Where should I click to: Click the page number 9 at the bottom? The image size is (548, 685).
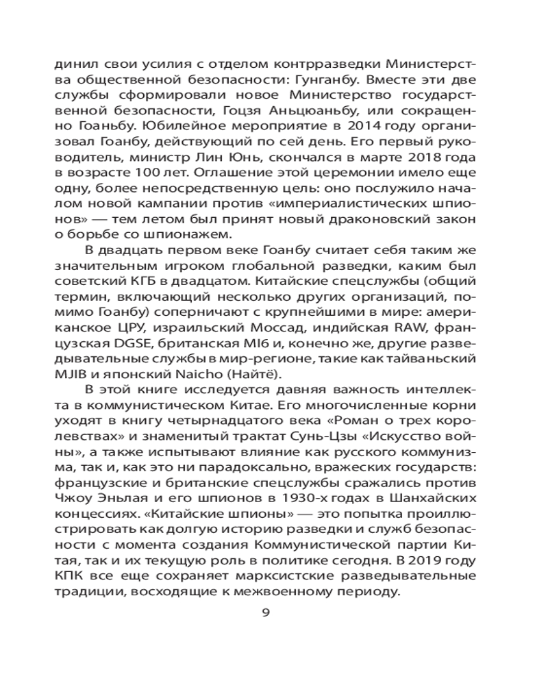click(267, 612)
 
